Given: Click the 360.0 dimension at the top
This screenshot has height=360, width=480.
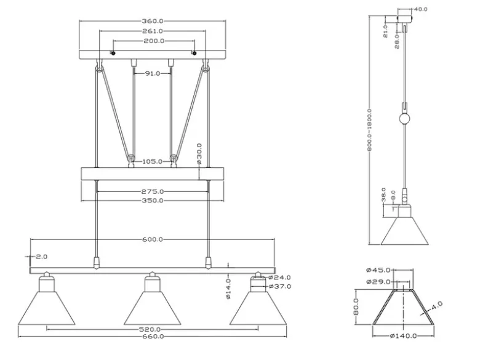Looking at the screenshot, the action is tap(153, 21).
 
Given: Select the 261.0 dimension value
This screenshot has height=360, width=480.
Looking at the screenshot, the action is tap(153, 31).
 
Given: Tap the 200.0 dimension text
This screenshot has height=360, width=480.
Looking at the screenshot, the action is tap(154, 41).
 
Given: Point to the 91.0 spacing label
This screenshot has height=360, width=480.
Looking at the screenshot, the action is tap(153, 73).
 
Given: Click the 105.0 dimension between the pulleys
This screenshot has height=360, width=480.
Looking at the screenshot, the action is tap(152, 161).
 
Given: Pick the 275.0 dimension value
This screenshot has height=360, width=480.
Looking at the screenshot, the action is tap(153, 191).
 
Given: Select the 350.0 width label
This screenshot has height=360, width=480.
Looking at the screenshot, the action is tap(153, 201).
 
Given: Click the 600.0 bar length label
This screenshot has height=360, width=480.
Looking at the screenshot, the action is tap(153, 239).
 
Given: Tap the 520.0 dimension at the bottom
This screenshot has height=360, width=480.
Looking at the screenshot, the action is tap(150, 329).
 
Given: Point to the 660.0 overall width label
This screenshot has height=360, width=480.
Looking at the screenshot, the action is tap(153, 337).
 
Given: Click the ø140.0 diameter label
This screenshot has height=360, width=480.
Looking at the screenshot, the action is tap(404, 336).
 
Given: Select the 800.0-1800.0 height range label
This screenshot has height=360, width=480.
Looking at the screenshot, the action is tap(369, 130).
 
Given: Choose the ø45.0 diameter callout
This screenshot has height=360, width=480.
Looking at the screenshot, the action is tap(378, 270).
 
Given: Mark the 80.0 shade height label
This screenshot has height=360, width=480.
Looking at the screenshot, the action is tap(356, 307).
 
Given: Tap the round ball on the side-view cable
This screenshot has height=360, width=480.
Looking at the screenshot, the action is tap(405, 119).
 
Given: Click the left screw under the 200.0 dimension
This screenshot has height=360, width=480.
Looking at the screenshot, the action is tap(113, 54).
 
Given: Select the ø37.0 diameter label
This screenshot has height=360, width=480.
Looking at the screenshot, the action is tap(280, 287).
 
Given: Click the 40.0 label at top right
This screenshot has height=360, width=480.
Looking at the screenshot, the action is tap(420, 9).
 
